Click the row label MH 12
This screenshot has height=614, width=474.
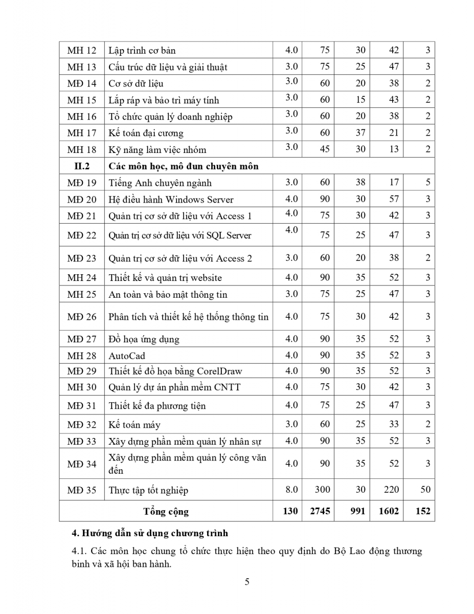(81, 51)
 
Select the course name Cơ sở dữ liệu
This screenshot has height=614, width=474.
(136, 84)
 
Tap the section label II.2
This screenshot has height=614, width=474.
(81, 166)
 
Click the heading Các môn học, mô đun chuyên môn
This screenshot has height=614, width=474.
(184, 166)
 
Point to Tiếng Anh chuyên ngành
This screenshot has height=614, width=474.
(160, 183)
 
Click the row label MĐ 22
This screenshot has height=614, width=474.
(81, 235)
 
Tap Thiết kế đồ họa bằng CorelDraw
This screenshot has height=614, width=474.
(175, 371)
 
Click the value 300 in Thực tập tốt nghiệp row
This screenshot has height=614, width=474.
(322, 490)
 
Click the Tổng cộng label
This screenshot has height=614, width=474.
(166, 511)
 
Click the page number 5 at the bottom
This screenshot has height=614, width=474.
(247, 581)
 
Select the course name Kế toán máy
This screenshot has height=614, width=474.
(134, 425)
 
